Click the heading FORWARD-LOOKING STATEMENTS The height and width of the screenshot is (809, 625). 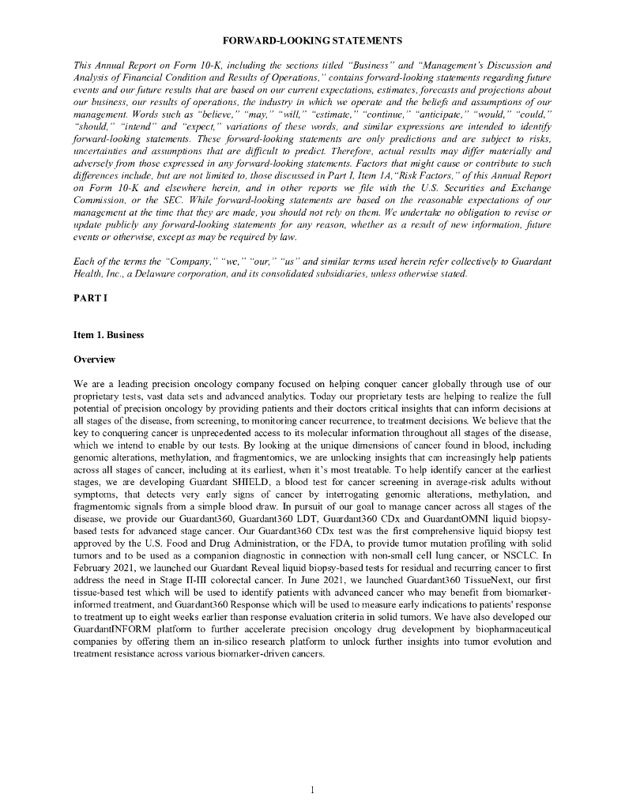click(x=312, y=40)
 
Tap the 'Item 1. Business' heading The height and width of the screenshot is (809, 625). click(x=108, y=334)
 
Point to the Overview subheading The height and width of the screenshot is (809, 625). click(x=94, y=359)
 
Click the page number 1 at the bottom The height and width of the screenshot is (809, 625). click(x=312, y=789)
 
